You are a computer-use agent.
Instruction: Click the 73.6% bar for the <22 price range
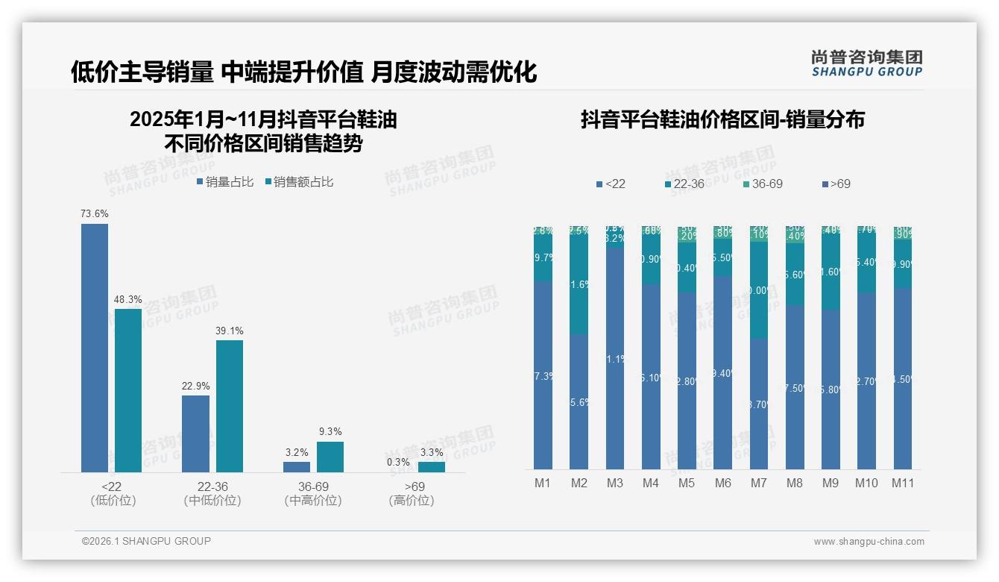click(95, 348)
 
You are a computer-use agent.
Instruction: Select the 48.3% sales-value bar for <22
click(128, 390)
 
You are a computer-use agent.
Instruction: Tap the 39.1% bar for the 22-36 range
click(230, 406)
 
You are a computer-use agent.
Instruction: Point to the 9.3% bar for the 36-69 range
click(330, 457)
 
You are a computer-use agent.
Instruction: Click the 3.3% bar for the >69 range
click(431, 467)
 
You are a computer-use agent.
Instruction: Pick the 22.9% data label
click(195, 386)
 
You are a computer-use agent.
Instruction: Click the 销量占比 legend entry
click(225, 181)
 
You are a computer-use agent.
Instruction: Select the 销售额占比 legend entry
click(299, 181)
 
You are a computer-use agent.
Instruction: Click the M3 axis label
click(615, 483)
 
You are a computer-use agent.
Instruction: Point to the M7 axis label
click(758, 483)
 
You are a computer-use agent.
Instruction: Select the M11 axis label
click(903, 483)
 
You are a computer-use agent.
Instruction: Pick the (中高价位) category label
click(313, 501)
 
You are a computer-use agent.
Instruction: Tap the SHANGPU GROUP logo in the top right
click(866, 63)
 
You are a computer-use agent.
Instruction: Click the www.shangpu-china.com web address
click(869, 542)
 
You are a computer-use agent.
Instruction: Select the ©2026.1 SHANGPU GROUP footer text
click(146, 541)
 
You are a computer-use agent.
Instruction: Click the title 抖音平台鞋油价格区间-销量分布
click(722, 119)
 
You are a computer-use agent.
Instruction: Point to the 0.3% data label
click(398, 462)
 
